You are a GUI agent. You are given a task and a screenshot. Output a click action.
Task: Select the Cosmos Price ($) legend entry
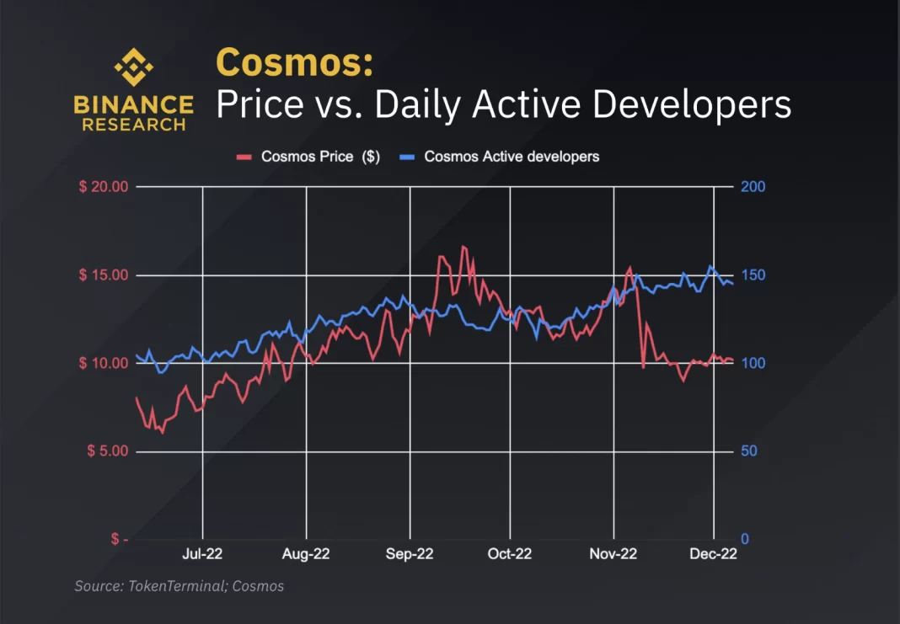pos(308,157)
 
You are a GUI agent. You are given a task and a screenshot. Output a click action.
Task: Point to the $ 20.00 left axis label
pos(103,187)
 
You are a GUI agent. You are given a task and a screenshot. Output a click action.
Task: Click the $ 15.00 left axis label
pos(103,275)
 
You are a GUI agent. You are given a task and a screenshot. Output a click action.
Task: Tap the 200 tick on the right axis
pos(753,187)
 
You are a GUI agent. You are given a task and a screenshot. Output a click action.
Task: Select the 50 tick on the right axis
pos(749,451)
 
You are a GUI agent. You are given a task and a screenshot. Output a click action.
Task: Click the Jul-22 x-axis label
pos(203,554)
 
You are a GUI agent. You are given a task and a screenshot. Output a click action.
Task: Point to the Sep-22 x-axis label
pos(410,554)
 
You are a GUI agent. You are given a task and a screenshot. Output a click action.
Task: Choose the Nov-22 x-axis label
pos(613,554)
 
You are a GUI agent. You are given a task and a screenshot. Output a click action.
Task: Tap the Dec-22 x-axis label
pos(714,554)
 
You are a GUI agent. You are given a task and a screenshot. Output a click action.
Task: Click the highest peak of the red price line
pos(463,246)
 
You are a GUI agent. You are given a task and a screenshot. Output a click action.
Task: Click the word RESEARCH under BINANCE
pos(133,125)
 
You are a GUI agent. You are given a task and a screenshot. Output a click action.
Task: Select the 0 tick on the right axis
pos(745,539)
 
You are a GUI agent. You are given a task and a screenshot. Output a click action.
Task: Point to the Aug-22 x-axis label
pos(306,554)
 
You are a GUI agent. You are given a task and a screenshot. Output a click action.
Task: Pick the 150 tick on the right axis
pos(753,275)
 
